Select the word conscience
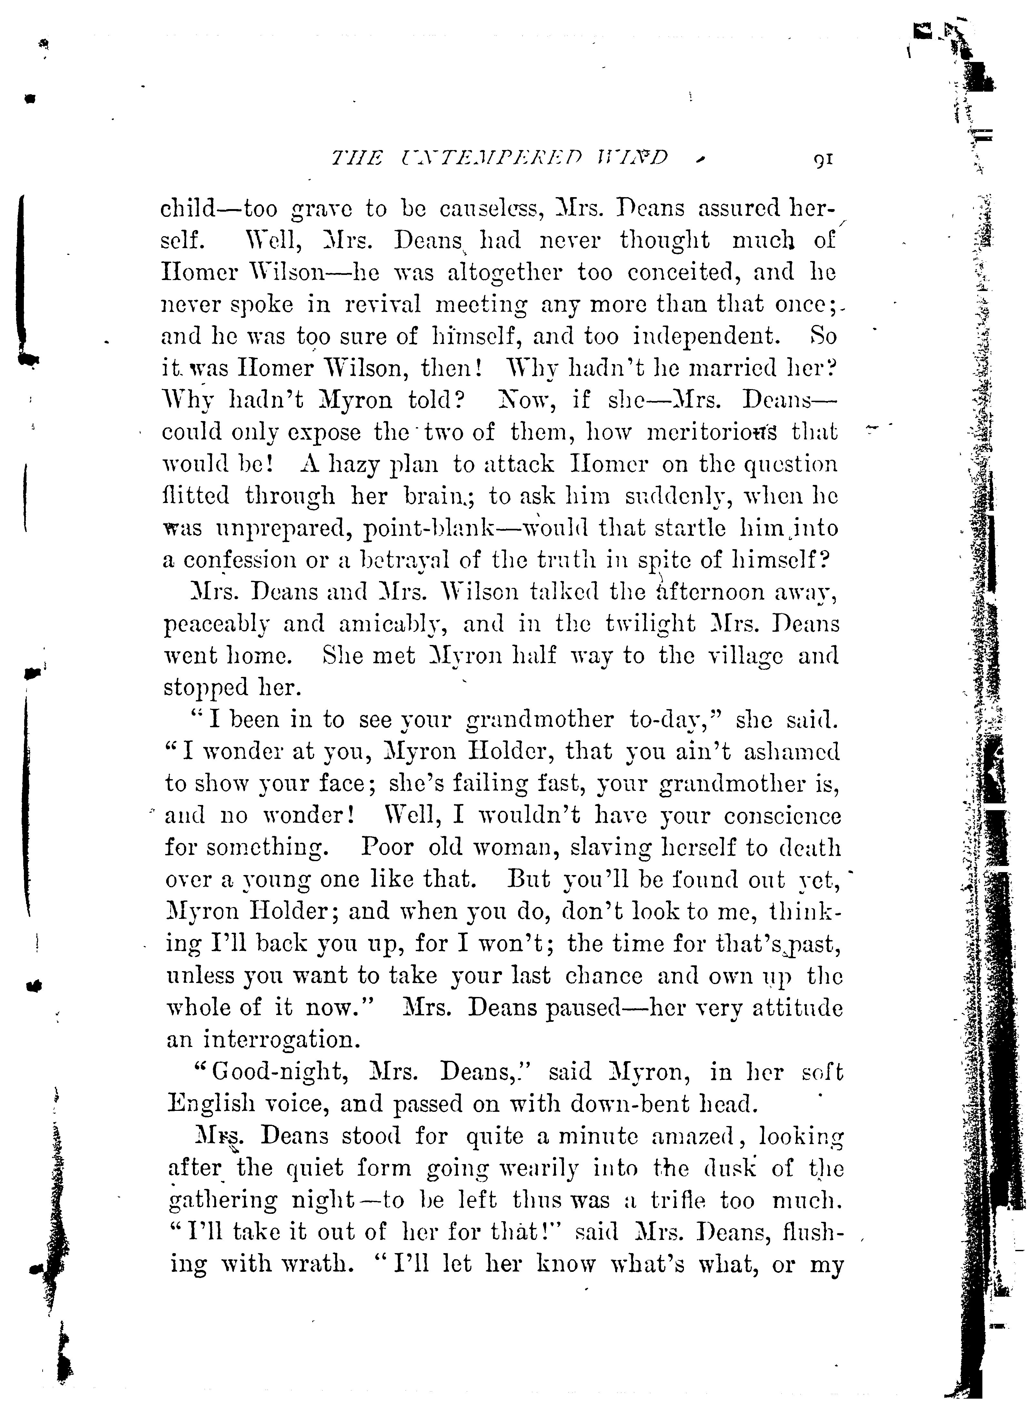pyautogui.click(x=782, y=816)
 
